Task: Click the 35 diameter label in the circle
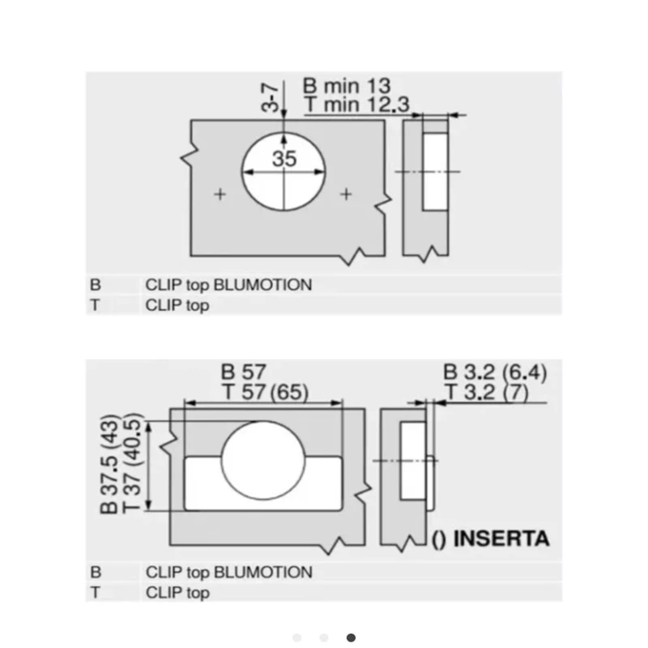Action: (x=284, y=159)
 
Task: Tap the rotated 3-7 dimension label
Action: (x=271, y=97)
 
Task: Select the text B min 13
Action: (x=347, y=86)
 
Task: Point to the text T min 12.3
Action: (x=356, y=104)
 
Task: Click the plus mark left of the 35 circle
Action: (x=220, y=194)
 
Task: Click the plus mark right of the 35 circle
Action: (x=347, y=194)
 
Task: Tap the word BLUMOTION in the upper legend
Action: (x=262, y=285)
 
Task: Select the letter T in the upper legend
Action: (x=95, y=305)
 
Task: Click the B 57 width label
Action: (x=244, y=372)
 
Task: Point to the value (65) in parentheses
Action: (x=290, y=392)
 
